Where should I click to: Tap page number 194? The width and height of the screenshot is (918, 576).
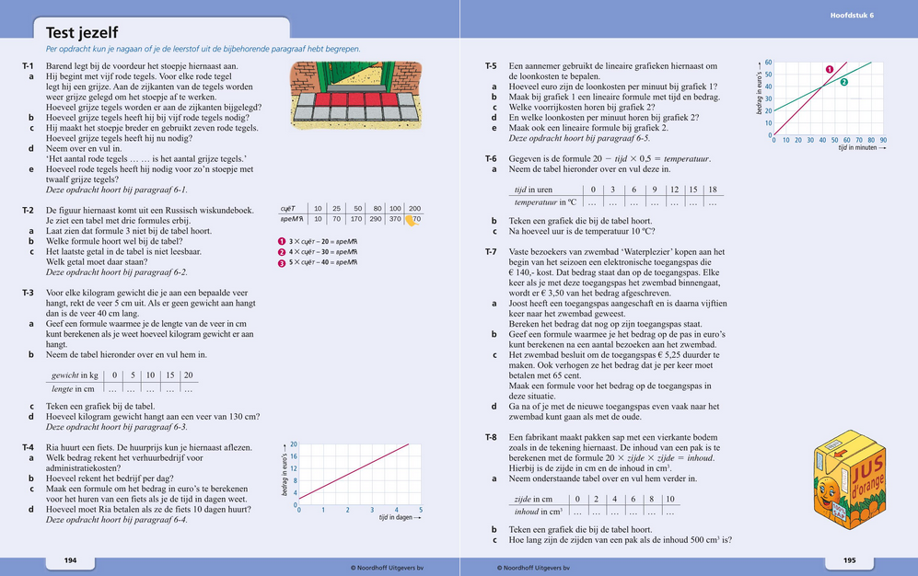pos(69,560)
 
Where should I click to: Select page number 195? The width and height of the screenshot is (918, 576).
pos(849,560)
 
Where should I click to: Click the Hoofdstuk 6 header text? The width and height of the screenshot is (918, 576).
pos(852,16)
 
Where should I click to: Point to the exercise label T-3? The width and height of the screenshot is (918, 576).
pos(28,292)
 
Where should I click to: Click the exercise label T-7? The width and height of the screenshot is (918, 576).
pos(492,251)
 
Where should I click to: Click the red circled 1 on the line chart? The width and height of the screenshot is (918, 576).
pos(829,69)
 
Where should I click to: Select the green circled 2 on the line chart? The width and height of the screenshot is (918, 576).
pos(843,82)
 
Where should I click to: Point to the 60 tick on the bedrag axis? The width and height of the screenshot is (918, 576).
pos(768,63)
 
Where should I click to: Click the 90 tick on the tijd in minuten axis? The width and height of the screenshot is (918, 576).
pos(883,141)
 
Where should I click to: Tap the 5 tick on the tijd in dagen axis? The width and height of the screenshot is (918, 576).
pos(421,510)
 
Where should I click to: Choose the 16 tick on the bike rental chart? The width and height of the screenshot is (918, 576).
pos(294,456)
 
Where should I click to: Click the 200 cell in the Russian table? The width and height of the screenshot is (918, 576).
pos(414,209)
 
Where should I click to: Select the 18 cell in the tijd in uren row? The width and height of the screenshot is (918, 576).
pos(713,190)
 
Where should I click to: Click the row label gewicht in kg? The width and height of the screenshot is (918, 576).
pos(76,375)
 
